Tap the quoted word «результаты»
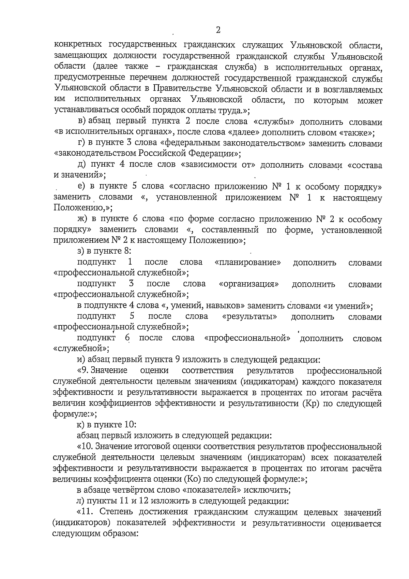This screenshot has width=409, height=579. click(x=249, y=316)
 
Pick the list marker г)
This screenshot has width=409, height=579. click(x=81, y=143)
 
